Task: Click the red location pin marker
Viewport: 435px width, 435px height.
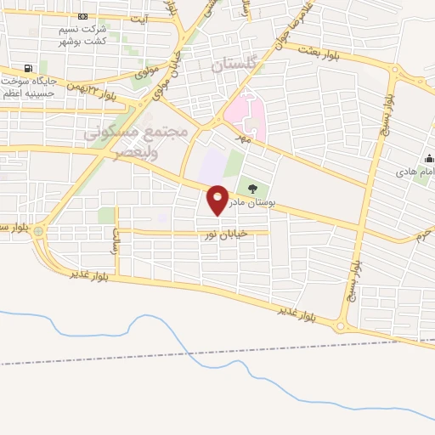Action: pos(218,200)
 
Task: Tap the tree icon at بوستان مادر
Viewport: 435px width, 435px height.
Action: pos(251,188)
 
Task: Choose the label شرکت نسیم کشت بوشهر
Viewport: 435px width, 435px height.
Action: pos(82,35)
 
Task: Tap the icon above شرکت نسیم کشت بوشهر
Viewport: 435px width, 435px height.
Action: pos(82,17)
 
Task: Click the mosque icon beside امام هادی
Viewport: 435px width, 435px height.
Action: pos(427,158)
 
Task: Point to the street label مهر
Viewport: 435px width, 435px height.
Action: pos(246,136)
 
